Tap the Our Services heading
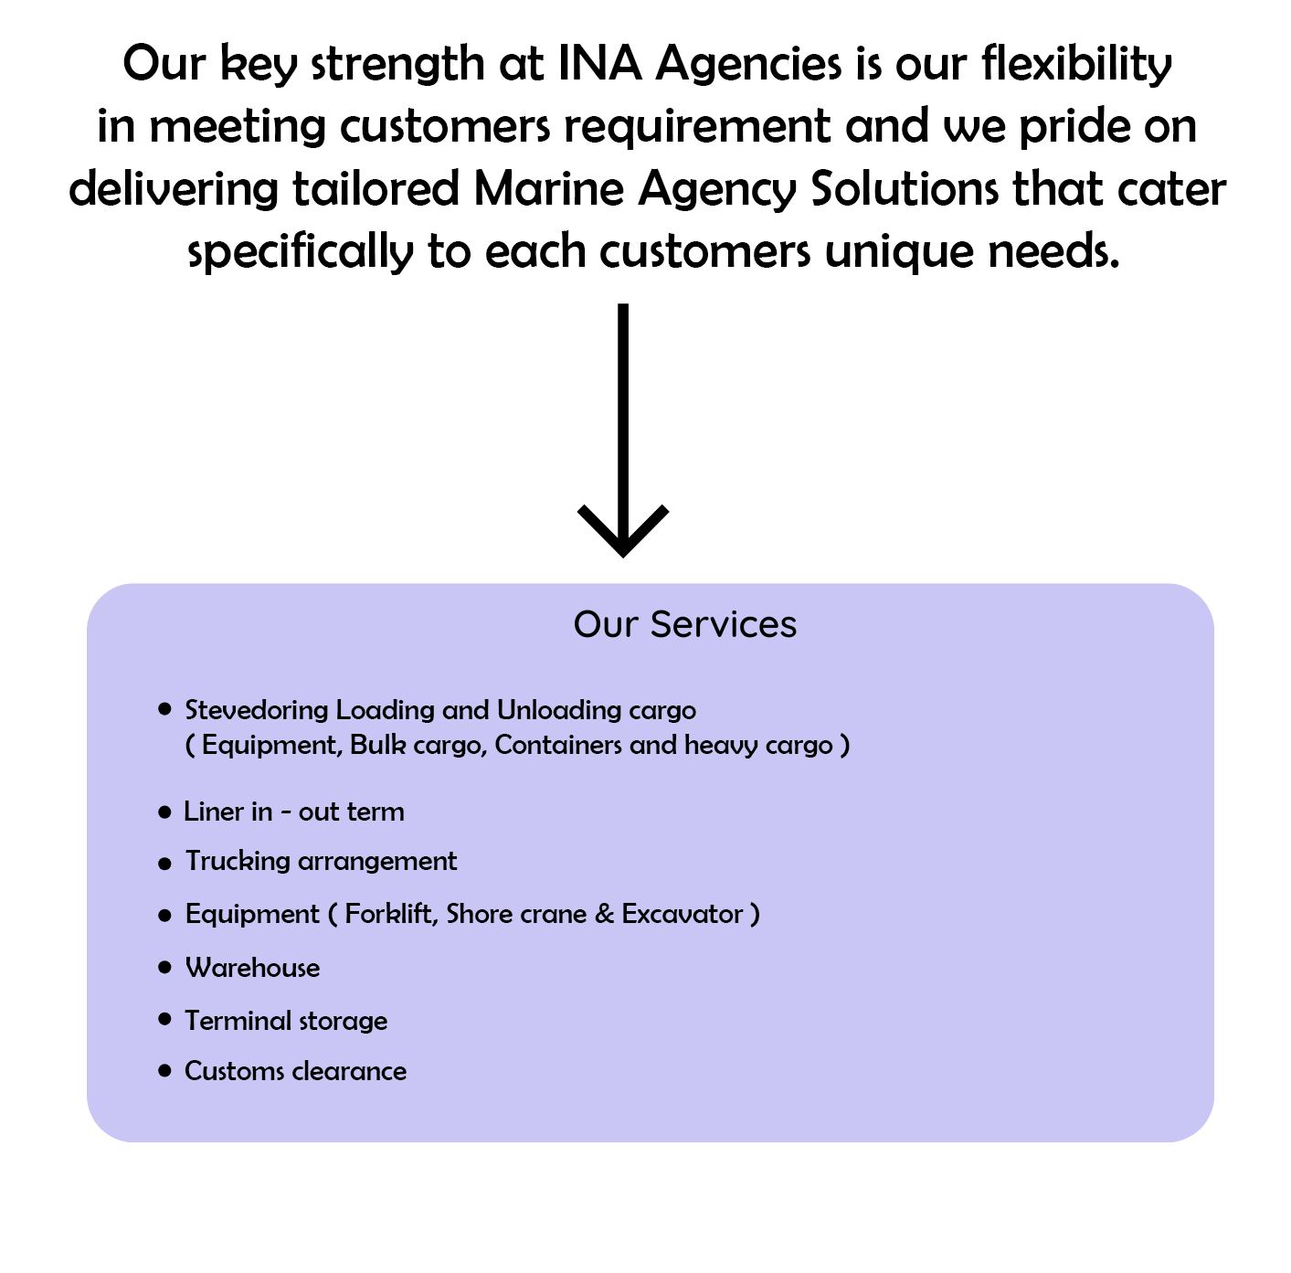684,624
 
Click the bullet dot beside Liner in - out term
164,812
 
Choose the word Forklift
391,915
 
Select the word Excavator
683,915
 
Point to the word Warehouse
253,968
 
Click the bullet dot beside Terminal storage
164,1019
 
